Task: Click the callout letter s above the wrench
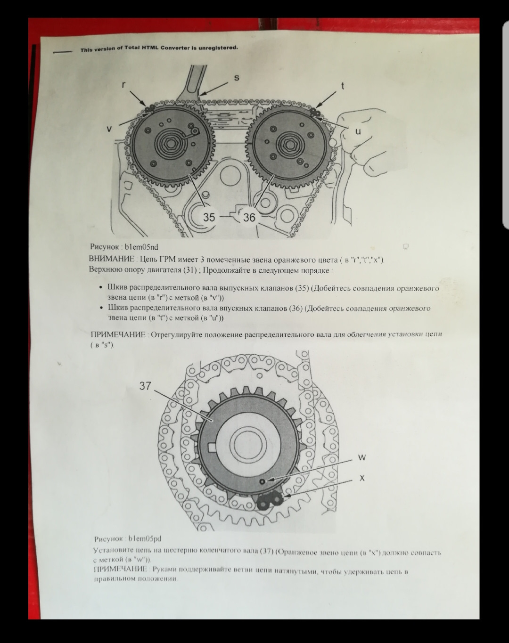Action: click(x=236, y=78)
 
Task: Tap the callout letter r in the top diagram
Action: click(x=124, y=85)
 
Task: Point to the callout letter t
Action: click(x=343, y=86)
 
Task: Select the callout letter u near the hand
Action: click(x=358, y=131)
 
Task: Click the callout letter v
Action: click(x=109, y=129)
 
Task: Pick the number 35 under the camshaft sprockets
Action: click(x=209, y=217)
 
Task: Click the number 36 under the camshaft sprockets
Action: click(x=249, y=217)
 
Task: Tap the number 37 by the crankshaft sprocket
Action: click(x=145, y=386)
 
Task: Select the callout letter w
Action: click(x=362, y=457)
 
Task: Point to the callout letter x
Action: click(x=362, y=478)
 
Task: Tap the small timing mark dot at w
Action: click(x=263, y=481)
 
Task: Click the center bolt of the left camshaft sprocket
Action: click(x=171, y=144)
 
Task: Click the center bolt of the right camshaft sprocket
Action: click(x=289, y=145)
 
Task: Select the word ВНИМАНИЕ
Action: click(x=112, y=259)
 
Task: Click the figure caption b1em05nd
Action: click(x=141, y=247)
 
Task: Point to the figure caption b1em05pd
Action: click(x=145, y=539)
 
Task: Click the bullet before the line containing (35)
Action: click(x=101, y=287)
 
